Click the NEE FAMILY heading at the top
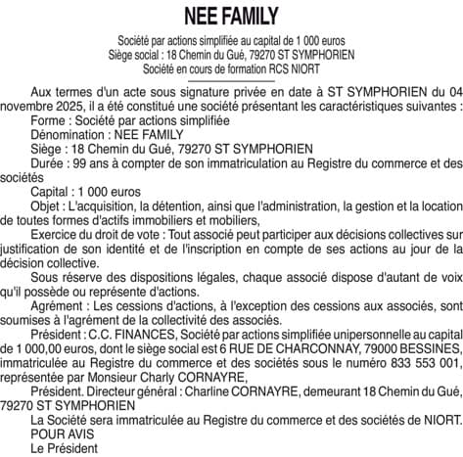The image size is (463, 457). point(231,17)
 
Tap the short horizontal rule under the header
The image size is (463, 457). point(231,83)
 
